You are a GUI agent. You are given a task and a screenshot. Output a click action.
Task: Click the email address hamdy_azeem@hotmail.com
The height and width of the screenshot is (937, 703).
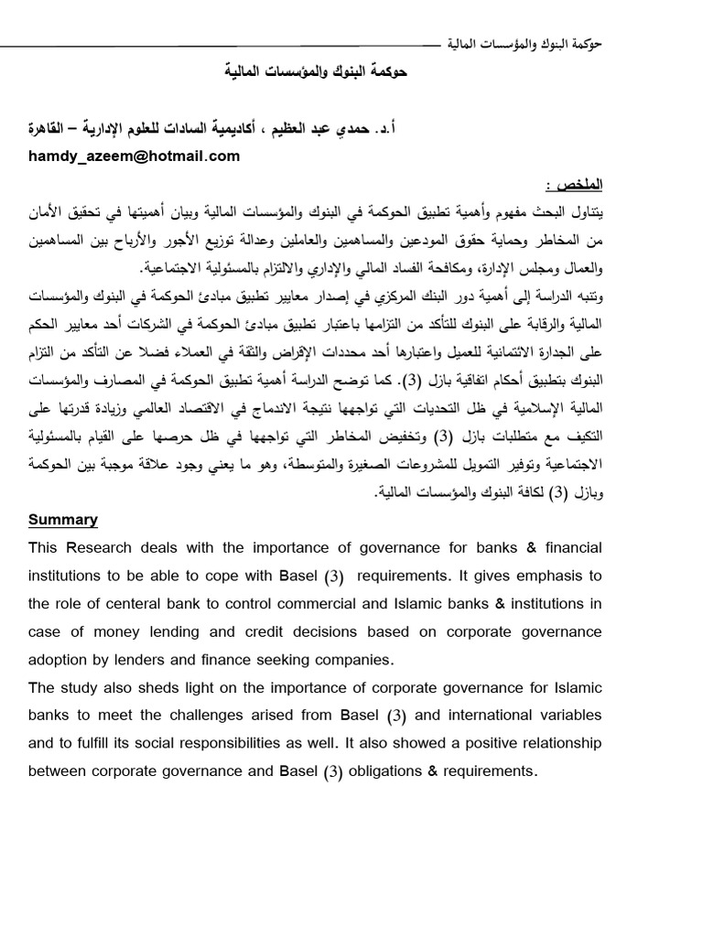(134, 156)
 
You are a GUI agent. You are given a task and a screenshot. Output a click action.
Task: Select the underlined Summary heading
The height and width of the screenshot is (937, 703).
(62, 520)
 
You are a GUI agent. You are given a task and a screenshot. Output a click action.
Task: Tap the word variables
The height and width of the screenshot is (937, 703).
(571, 716)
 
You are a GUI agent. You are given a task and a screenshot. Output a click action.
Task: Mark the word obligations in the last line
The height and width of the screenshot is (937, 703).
(390, 771)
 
